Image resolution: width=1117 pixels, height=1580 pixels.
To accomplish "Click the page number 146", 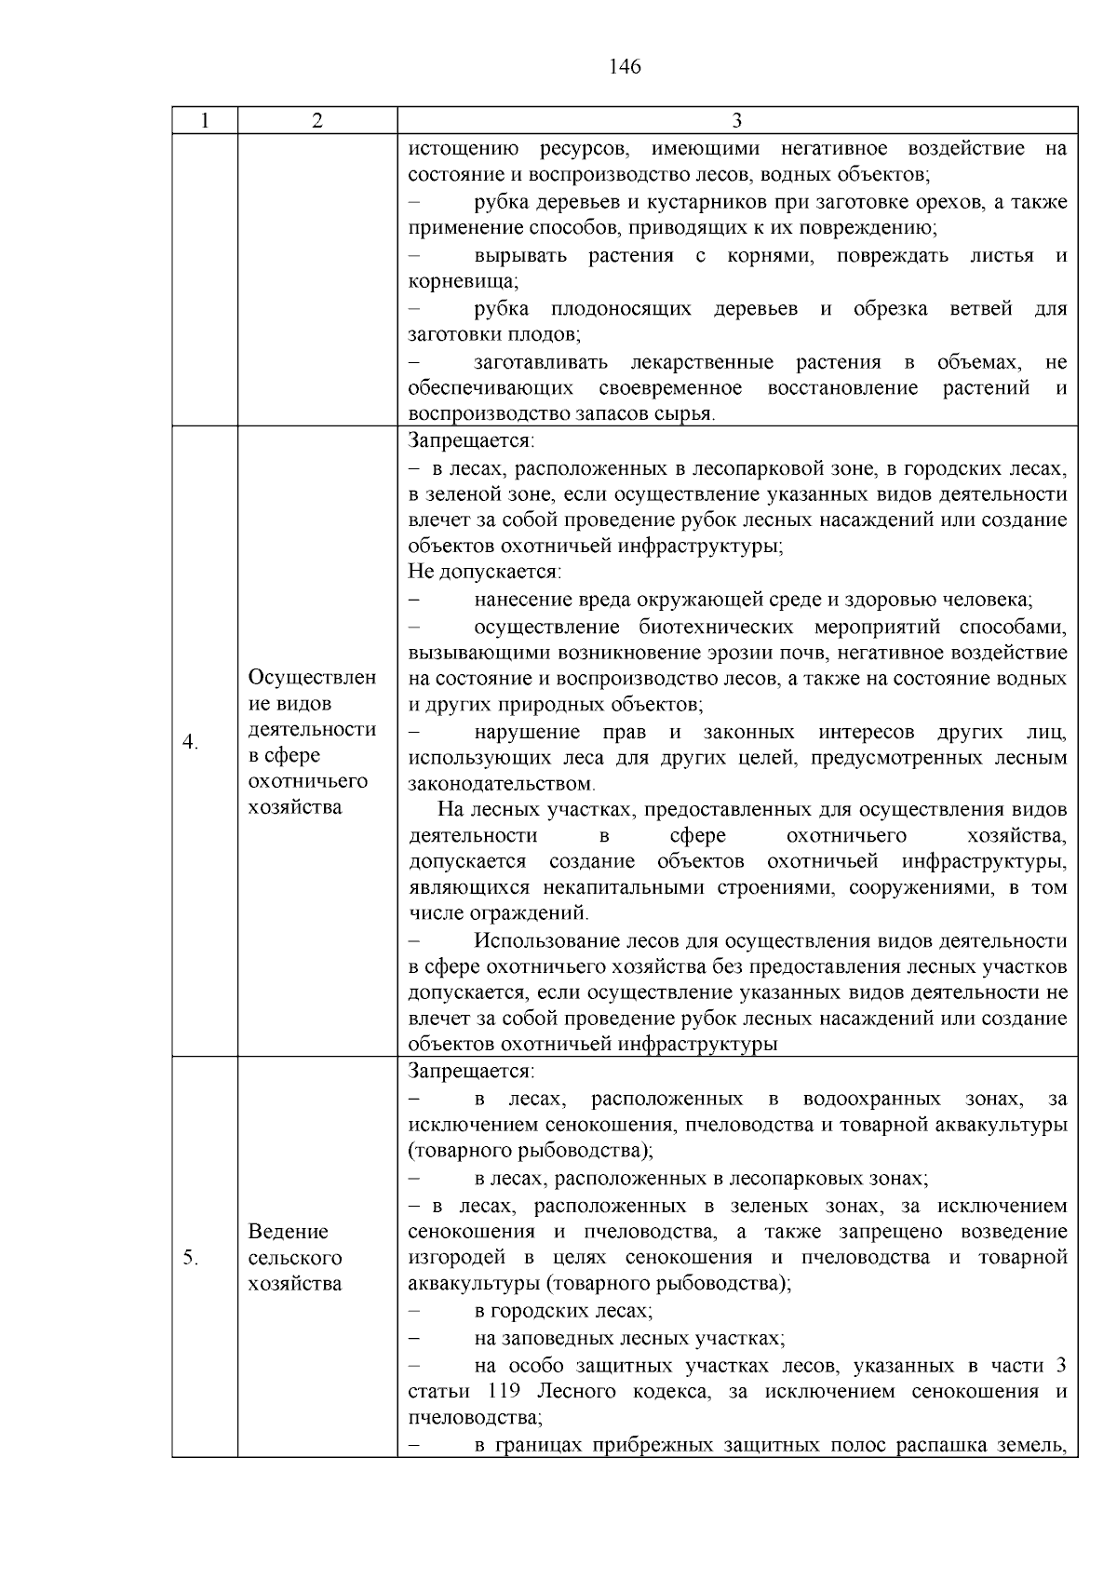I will pos(625,67).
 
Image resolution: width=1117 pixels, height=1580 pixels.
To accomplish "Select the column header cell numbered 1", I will pos(205,121).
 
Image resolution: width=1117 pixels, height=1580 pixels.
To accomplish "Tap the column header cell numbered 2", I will pos(317,121).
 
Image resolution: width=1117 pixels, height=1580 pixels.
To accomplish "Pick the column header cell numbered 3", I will pos(736,121).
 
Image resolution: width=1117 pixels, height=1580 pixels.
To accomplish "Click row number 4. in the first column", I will pos(190,743).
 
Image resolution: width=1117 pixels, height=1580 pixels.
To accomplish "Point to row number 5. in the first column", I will pos(190,1259).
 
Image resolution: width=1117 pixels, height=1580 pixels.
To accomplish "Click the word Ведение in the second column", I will pos(289,1233).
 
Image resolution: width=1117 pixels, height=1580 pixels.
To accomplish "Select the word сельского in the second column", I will pos(295,1259).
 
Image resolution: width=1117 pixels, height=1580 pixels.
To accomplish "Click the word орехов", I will pos(951,202).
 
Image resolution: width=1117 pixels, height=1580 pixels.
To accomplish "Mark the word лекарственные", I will pos(702,361).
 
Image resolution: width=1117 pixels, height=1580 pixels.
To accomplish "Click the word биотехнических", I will pos(716,626).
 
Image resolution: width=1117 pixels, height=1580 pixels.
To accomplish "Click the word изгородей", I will pos(456,1259).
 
